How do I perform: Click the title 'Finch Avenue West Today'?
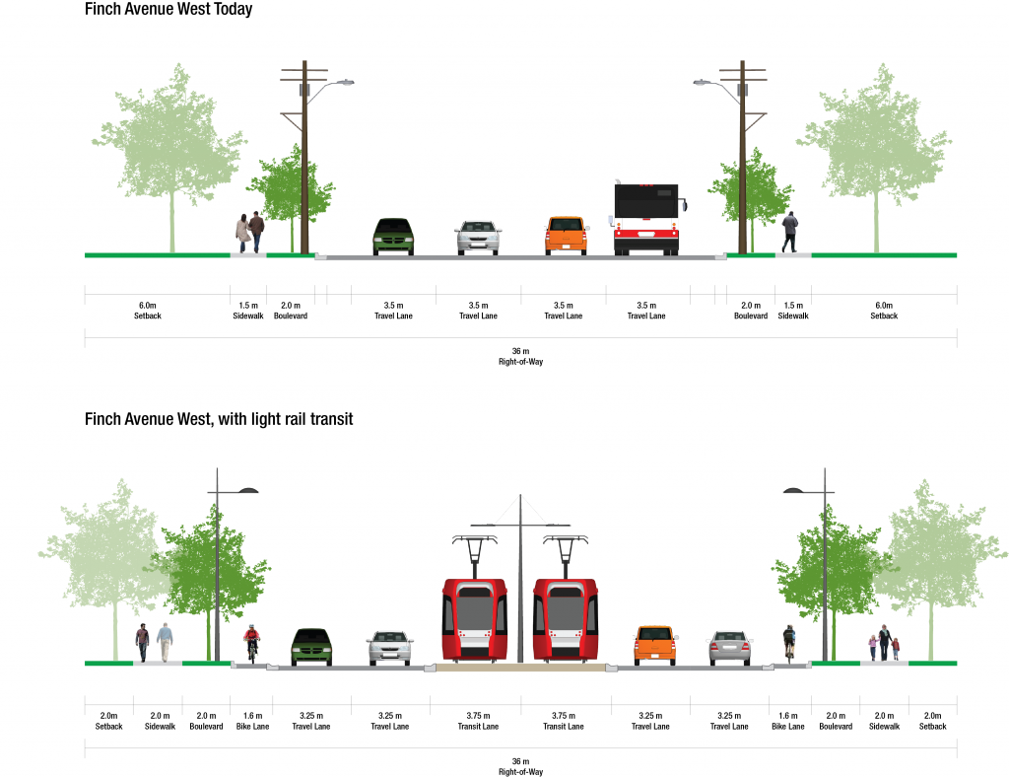pos(168,10)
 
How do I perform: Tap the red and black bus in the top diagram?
pos(646,220)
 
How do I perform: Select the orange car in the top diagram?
pos(567,236)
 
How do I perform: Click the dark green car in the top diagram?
pos(393,237)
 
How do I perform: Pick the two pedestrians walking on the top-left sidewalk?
pos(249,233)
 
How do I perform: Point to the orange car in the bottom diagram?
pos(655,645)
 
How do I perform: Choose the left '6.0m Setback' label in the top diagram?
pos(147,311)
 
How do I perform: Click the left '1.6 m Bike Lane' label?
pos(251,721)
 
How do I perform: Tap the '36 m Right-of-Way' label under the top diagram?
pos(520,357)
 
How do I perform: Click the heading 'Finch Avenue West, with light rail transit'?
pos(219,419)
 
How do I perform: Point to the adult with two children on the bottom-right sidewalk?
pos(884,642)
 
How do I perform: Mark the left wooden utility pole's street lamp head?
pos(343,84)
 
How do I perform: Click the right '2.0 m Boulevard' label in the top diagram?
pos(751,311)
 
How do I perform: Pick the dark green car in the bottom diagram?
pos(311,646)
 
